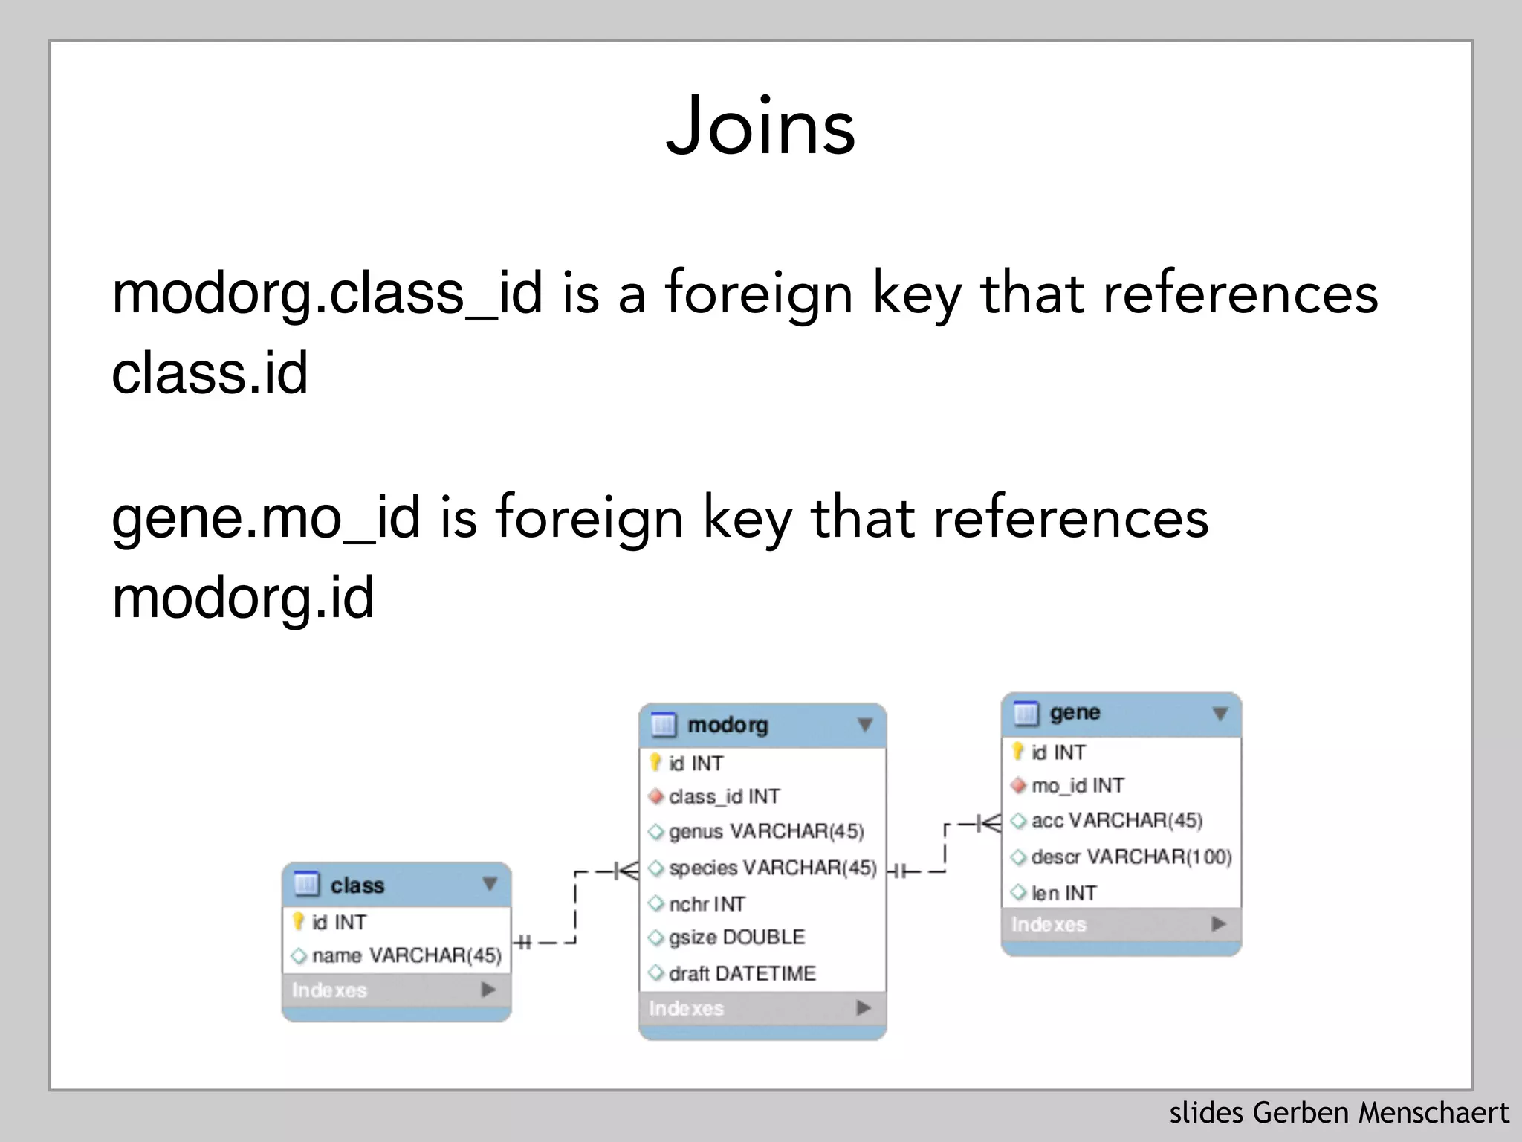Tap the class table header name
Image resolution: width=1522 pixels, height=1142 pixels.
click(x=357, y=885)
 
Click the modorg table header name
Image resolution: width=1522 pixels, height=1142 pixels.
click(x=728, y=724)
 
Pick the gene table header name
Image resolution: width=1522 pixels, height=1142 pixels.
click(x=1075, y=712)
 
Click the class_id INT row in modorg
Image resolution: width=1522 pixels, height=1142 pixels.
click(x=724, y=796)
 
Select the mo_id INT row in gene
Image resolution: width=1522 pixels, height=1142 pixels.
click(x=1078, y=785)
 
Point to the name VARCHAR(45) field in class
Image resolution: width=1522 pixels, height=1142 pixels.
click(x=407, y=955)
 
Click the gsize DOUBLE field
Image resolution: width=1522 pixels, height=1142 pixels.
click(x=736, y=937)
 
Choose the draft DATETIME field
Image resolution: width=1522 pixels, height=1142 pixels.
click(x=742, y=973)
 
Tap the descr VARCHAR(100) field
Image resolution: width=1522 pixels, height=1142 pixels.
click(x=1131, y=856)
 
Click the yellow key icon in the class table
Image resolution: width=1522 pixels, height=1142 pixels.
click(x=299, y=921)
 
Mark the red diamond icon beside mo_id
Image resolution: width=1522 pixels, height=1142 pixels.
click(x=1019, y=785)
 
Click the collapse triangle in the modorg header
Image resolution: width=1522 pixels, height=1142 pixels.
click(x=864, y=724)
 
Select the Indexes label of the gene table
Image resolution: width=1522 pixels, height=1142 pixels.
click(x=1049, y=924)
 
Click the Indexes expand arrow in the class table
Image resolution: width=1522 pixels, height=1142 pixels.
click(x=488, y=990)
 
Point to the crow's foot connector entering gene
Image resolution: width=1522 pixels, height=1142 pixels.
click(x=989, y=823)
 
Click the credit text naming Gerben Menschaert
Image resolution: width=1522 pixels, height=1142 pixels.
click(x=1338, y=1113)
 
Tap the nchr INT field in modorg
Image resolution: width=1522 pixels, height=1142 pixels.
click(x=706, y=903)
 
